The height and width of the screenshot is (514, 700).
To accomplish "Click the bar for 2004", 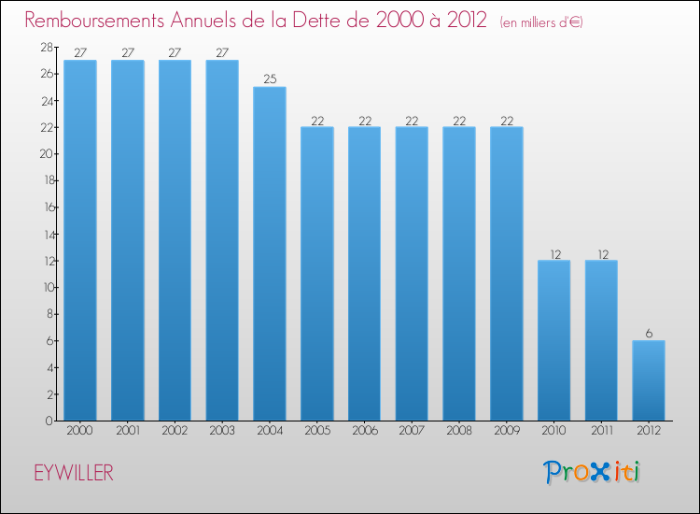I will pyautogui.click(x=270, y=253).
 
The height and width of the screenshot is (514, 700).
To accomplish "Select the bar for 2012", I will pyautogui.click(x=649, y=380).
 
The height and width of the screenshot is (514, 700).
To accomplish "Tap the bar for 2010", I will pyautogui.click(x=554, y=340).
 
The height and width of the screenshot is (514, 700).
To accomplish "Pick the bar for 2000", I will pyautogui.click(x=79, y=240).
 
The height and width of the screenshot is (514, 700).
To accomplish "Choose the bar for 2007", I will pyautogui.click(x=412, y=274).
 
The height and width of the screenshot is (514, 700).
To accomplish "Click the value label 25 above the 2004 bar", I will pyautogui.click(x=270, y=79).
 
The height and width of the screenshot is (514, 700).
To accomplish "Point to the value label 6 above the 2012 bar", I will pyautogui.click(x=649, y=333).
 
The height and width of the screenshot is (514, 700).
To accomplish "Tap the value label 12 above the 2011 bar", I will pyautogui.click(x=601, y=252).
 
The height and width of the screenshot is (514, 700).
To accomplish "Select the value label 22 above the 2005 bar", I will pyautogui.click(x=317, y=120).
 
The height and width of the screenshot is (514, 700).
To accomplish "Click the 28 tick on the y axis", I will pyautogui.click(x=46, y=47).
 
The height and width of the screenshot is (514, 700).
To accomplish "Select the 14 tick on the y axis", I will pyautogui.click(x=46, y=234).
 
